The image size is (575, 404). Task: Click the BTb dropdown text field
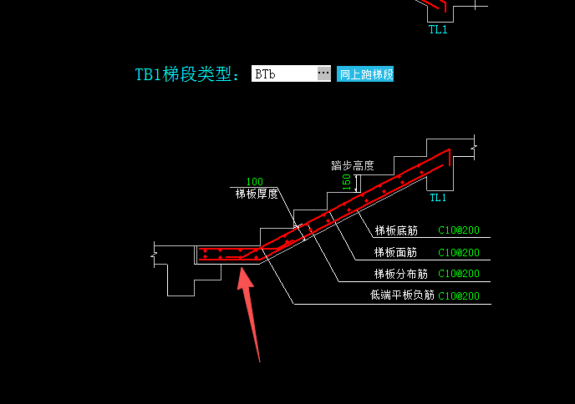tap(284, 73)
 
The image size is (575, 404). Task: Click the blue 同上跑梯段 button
tap(365, 74)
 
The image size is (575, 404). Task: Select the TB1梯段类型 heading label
tap(186, 74)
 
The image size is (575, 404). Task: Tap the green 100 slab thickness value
tap(255, 182)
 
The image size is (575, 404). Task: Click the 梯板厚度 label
tap(257, 194)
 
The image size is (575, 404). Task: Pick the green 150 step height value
tap(347, 182)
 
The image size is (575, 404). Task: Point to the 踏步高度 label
tap(353, 165)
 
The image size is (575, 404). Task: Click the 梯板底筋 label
tap(396, 230)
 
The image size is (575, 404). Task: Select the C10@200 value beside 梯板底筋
tap(459, 230)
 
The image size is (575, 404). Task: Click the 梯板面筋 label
tap(395, 252)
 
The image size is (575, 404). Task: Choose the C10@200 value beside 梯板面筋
tap(459, 252)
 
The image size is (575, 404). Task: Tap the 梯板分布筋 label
tap(401, 274)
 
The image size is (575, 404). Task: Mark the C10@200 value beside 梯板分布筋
tap(459, 274)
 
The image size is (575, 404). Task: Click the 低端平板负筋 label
tap(402, 295)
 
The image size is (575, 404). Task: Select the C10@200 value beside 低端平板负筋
tap(459, 295)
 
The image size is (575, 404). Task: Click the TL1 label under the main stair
tap(438, 198)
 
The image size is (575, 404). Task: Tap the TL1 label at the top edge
tap(438, 29)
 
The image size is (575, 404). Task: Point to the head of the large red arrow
tap(242, 268)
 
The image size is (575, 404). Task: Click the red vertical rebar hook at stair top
tap(450, 158)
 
